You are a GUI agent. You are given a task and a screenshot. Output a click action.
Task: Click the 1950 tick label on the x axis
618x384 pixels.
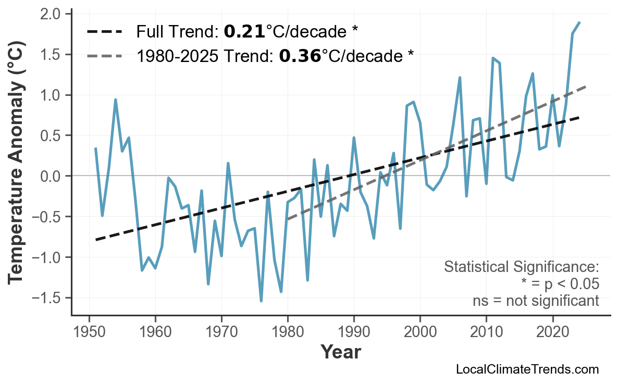(x=89, y=331)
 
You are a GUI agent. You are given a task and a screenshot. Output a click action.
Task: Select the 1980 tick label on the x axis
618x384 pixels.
(x=288, y=331)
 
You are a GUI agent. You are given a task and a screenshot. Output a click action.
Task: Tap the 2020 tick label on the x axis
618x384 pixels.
(x=552, y=331)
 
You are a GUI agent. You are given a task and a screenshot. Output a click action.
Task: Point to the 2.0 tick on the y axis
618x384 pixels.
(x=51, y=14)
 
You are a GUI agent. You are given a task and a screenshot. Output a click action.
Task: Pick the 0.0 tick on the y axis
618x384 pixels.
(x=51, y=176)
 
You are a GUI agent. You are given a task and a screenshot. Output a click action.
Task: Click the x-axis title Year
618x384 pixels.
(x=340, y=352)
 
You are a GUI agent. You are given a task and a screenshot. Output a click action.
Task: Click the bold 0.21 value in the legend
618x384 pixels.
(x=244, y=32)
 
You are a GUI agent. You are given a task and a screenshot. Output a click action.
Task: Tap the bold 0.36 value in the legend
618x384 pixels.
(x=300, y=56)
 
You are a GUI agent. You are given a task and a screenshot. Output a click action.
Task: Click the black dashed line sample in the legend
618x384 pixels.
(x=105, y=32)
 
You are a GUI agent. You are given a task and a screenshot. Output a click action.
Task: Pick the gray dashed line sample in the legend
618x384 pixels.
(x=105, y=56)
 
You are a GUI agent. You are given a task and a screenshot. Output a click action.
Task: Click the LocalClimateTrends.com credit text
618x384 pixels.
(x=527, y=370)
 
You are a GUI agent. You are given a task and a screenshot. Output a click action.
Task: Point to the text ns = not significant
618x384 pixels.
(x=535, y=301)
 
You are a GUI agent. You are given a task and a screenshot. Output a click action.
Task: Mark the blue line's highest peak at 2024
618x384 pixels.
(x=579, y=22)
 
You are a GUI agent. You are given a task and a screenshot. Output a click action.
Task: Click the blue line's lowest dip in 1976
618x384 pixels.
(x=261, y=301)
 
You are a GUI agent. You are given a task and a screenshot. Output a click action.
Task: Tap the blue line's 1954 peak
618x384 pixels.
(x=115, y=100)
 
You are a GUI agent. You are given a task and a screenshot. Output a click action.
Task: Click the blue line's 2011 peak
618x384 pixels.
(x=492, y=58)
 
